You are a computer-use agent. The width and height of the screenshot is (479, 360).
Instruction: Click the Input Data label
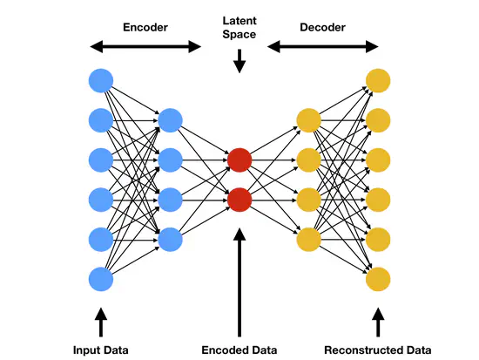point(100,350)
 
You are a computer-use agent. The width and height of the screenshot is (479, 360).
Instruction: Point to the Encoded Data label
point(239,350)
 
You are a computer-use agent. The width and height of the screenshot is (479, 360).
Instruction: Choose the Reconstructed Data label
point(377,350)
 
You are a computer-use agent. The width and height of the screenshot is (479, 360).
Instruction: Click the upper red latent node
point(239,160)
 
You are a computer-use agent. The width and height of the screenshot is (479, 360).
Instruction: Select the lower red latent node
point(239,200)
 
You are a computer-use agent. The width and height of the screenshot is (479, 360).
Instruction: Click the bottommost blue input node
point(101,279)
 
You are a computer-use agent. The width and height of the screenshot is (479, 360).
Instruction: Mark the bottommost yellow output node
point(377,279)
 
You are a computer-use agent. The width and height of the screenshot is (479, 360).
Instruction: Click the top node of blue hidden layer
point(170,120)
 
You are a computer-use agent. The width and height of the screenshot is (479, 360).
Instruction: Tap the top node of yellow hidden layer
point(308,120)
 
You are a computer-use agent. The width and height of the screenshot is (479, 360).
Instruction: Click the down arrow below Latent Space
point(239,61)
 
